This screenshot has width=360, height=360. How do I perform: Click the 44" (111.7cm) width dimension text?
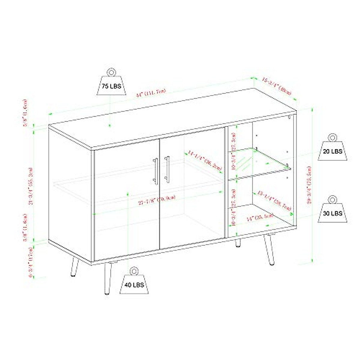pos(151,93)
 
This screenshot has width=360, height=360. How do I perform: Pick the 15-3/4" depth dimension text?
pos(277,86)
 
